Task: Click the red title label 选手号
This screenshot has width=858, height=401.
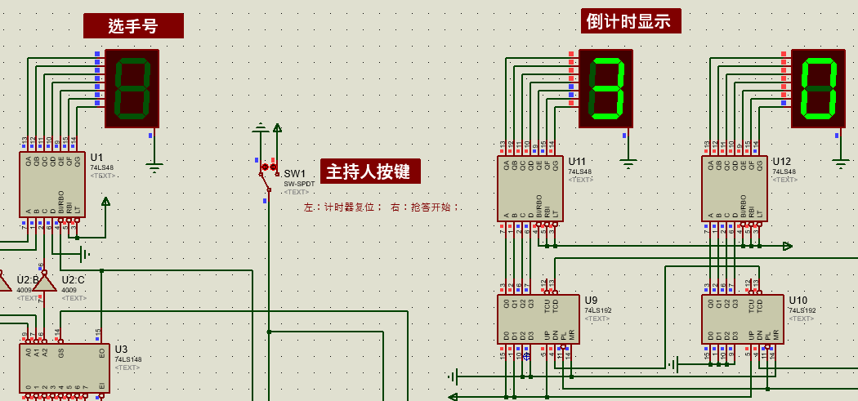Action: coord(133,26)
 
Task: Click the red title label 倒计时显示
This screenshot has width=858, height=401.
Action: coord(630,21)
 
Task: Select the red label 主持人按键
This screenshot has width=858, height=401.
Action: coord(370,172)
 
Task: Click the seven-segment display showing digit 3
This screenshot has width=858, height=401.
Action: coord(606,88)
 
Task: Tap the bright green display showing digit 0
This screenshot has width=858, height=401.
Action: coord(818,88)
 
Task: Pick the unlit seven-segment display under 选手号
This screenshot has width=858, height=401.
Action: coord(132,88)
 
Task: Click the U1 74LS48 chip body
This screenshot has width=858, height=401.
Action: coord(51,185)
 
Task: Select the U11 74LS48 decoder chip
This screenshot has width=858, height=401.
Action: coord(530,189)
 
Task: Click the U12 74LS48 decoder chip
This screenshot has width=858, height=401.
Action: coord(734,189)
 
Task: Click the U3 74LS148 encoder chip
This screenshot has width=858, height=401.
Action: coord(64,368)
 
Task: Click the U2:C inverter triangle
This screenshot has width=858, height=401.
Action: coord(45,283)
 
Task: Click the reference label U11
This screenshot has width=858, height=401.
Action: coord(577,162)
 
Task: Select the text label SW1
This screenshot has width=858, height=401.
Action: coord(294,174)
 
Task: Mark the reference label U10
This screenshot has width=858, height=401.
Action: coord(798,301)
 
